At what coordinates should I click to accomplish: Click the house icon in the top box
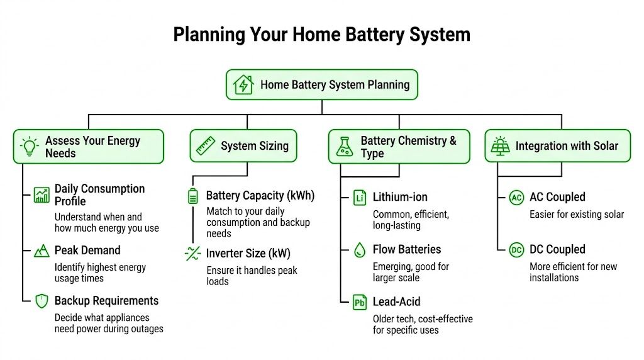tap(243, 84)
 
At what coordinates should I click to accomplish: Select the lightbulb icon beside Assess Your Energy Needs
tap(29, 146)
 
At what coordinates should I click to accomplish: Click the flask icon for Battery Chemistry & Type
tap(345, 146)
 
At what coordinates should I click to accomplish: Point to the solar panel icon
tap(501, 146)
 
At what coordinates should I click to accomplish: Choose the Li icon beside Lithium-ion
tap(360, 198)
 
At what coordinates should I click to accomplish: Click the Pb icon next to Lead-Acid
tap(360, 303)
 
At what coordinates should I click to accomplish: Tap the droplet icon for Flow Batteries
tap(360, 250)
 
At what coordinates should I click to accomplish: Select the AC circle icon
tap(516, 198)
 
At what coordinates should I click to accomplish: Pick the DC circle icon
tap(516, 250)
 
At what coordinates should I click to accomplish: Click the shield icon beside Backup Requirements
tap(42, 301)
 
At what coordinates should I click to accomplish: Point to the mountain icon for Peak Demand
tap(42, 251)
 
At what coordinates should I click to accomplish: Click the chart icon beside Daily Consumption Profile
tap(42, 195)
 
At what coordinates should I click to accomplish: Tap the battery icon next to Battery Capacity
tap(192, 196)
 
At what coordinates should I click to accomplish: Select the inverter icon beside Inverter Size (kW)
tap(192, 254)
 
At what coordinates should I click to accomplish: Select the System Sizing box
tap(243, 146)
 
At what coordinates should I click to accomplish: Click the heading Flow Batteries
tap(406, 250)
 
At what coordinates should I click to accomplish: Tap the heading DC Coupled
tap(557, 250)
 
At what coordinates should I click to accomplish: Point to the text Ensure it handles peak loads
tap(252, 276)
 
